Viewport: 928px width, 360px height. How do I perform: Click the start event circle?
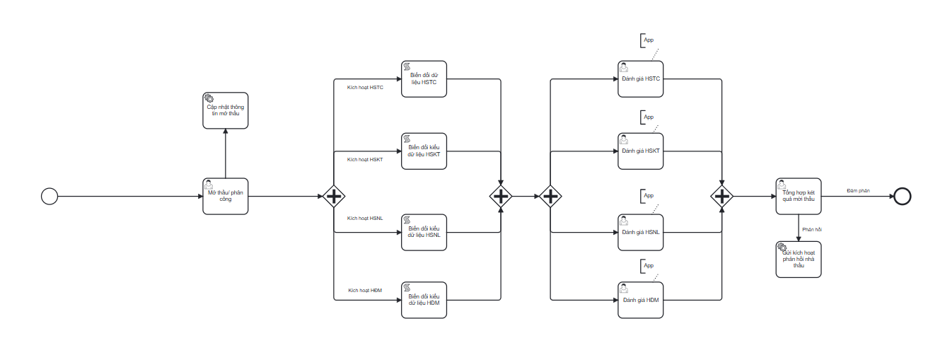point(50,196)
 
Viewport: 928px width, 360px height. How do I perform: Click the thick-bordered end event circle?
point(902,196)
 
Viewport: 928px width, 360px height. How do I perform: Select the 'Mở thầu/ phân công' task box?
point(225,196)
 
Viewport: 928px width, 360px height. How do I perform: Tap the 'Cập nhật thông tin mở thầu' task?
point(225,110)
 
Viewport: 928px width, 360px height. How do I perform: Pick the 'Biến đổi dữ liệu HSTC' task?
point(424,79)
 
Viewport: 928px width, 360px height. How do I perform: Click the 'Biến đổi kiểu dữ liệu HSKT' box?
point(424,151)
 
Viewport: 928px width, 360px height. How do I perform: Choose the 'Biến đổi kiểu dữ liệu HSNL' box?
point(424,232)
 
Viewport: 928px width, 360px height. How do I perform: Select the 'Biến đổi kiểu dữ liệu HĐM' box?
point(424,300)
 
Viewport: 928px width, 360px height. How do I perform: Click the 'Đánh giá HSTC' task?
point(641,79)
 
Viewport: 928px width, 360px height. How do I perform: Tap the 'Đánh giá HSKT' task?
point(641,151)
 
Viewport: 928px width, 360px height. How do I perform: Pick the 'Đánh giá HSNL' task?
point(641,232)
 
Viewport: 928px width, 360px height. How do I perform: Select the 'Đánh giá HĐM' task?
point(641,300)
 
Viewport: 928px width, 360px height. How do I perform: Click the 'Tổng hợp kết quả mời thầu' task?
point(798,196)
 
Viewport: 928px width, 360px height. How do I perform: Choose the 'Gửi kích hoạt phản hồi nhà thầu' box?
point(798,259)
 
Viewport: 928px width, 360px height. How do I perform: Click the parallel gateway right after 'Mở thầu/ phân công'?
point(333,196)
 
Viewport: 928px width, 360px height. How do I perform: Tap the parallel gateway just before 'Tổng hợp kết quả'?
point(721,196)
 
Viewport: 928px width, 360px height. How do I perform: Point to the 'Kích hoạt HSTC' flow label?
point(365,88)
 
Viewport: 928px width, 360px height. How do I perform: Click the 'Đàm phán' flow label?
point(858,190)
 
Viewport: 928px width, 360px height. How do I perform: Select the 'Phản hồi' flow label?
point(812,229)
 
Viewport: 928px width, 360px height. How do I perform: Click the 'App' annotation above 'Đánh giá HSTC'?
point(649,40)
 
